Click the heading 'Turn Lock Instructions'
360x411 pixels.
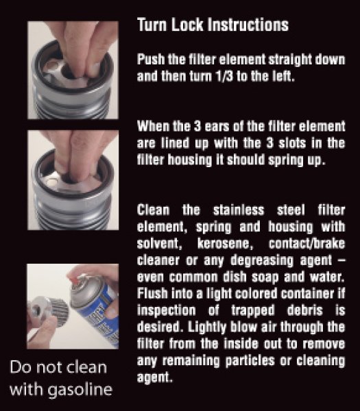click(213, 25)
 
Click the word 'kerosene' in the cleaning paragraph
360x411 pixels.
click(225, 244)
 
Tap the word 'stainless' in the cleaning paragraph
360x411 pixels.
click(239, 210)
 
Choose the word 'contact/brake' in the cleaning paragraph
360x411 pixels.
click(307, 244)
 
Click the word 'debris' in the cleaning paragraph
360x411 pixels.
click(304, 310)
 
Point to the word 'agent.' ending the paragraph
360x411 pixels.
click(155, 378)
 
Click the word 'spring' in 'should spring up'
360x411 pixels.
click(285, 160)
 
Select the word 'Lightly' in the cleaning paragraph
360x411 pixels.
click(207, 327)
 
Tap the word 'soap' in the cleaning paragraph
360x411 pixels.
click(265, 277)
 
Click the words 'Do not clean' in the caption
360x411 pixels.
click(58, 367)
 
